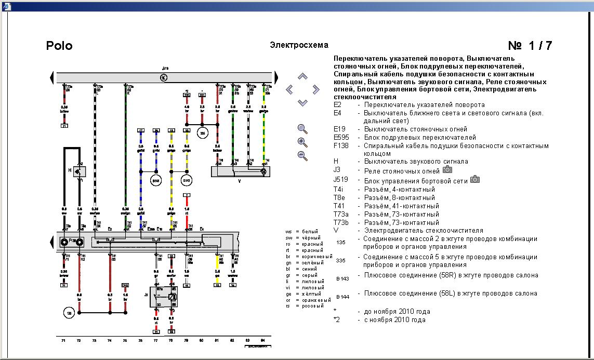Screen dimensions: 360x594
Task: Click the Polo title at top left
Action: (59, 46)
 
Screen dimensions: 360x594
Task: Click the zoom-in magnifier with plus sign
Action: (302, 142)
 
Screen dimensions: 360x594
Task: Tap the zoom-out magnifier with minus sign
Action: (302, 155)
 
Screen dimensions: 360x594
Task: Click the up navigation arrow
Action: (302, 77)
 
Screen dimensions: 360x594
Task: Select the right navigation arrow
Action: (315, 89)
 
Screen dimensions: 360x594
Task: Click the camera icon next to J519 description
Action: (474, 179)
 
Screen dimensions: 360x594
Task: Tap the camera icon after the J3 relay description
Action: (447, 170)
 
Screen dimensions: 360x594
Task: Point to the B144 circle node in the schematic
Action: (156, 180)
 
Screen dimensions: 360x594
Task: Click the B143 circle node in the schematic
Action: (187, 180)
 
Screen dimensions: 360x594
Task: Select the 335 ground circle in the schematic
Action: (202, 133)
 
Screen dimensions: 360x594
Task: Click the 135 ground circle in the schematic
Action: (68, 312)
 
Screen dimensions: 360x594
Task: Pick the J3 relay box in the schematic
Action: (164, 298)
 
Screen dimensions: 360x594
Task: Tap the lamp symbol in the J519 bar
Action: (164, 77)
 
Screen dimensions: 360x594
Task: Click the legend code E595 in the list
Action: (344, 138)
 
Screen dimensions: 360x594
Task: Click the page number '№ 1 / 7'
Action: (530, 46)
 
